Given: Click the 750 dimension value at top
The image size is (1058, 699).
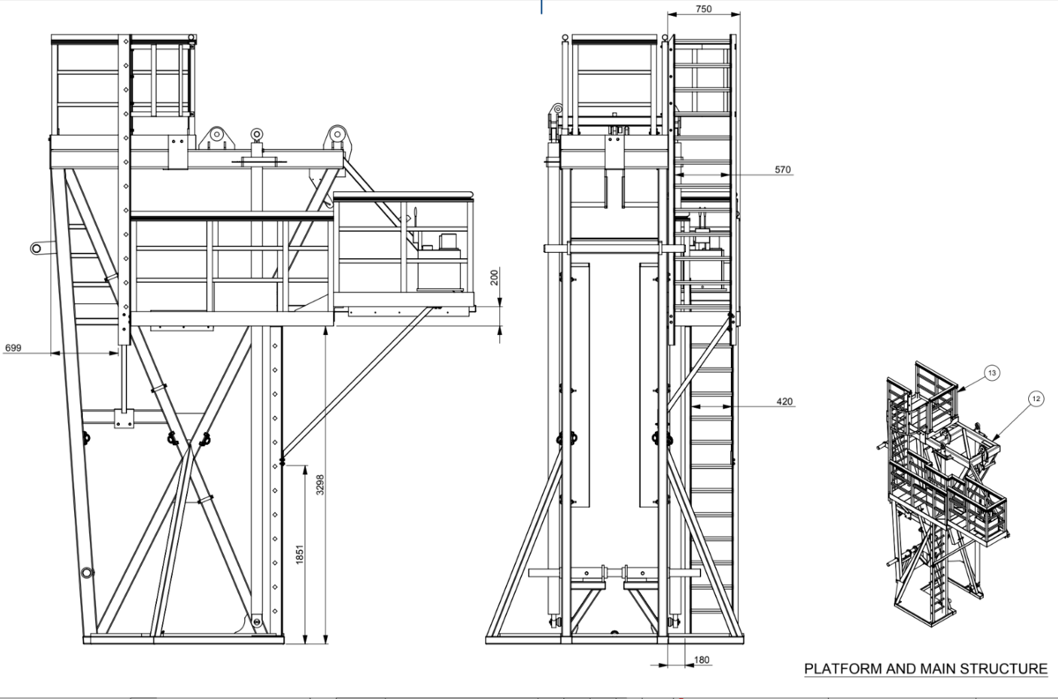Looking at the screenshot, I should [x=704, y=10].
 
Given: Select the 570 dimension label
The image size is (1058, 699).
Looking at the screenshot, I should [x=782, y=169].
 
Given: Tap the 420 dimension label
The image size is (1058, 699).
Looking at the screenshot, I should [x=783, y=402].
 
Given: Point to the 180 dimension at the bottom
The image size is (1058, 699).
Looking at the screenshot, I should [x=702, y=659].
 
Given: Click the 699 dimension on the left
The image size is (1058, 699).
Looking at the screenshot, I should [x=13, y=348].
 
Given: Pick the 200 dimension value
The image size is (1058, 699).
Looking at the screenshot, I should [x=495, y=278].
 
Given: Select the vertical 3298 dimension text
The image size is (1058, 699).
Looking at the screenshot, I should [x=320, y=485].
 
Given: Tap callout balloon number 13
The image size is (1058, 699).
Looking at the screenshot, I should [x=992, y=374].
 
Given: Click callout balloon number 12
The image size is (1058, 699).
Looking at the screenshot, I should [x=1035, y=399].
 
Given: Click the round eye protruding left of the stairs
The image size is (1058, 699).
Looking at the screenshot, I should [x=36, y=249].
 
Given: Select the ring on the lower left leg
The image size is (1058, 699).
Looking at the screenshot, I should [x=86, y=574].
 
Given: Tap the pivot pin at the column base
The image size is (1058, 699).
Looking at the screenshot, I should [x=257, y=622].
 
